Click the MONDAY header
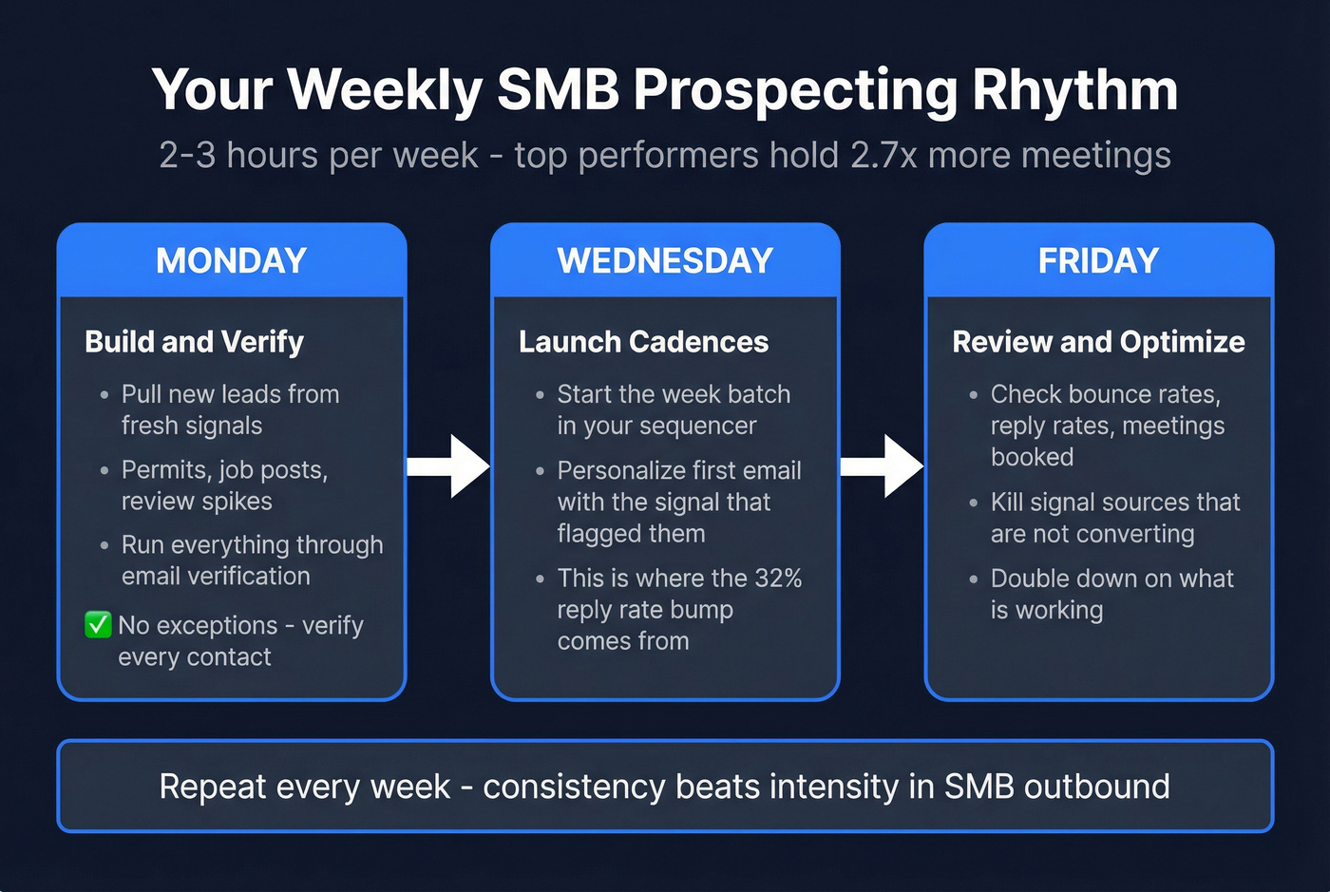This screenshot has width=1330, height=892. tap(231, 260)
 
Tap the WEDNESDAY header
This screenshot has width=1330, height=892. tap(665, 260)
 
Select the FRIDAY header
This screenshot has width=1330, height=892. tap(1098, 260)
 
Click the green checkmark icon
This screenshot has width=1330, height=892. tap(98, 625)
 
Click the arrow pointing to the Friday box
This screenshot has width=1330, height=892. tap(883, 466)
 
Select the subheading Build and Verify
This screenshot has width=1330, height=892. tap(194, 342)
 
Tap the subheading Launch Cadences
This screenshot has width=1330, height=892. tap(643, 342)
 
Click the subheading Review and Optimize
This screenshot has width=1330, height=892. tap(1098, 342)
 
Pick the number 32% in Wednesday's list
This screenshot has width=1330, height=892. tap(778, 579)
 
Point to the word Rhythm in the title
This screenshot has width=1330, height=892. tap(1074, 91)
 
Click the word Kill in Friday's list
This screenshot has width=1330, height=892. tap(1007, 503)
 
